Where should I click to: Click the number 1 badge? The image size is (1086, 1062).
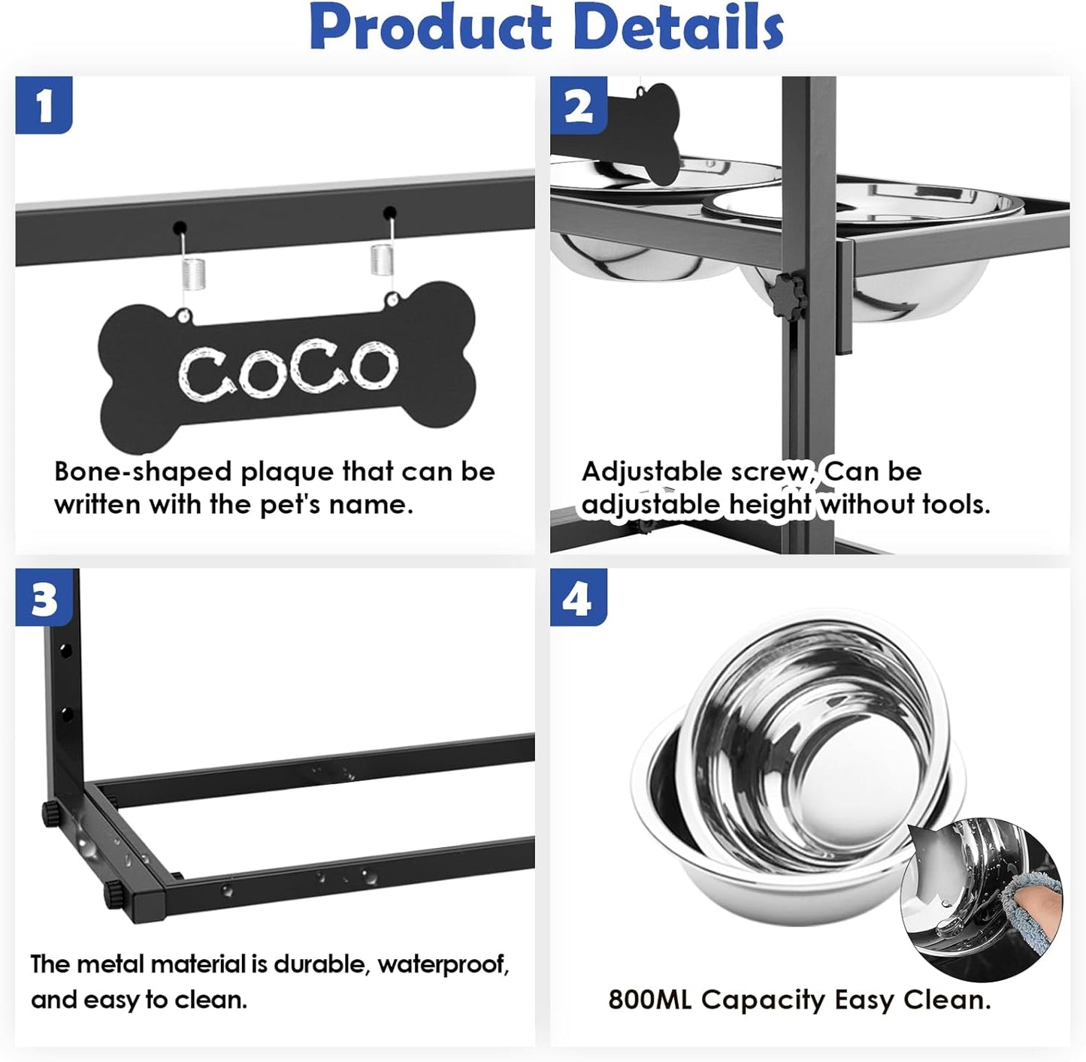point(44,105)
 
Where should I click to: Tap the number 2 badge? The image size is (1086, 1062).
point(578,105)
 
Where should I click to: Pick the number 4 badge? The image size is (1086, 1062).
point(578,599)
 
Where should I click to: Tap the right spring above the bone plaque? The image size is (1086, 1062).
point(383,260)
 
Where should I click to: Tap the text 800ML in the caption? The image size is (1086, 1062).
point(650,1000)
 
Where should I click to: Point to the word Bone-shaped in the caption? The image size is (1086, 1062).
point(143,472)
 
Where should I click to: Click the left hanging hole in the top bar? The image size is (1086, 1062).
point(180,227)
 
